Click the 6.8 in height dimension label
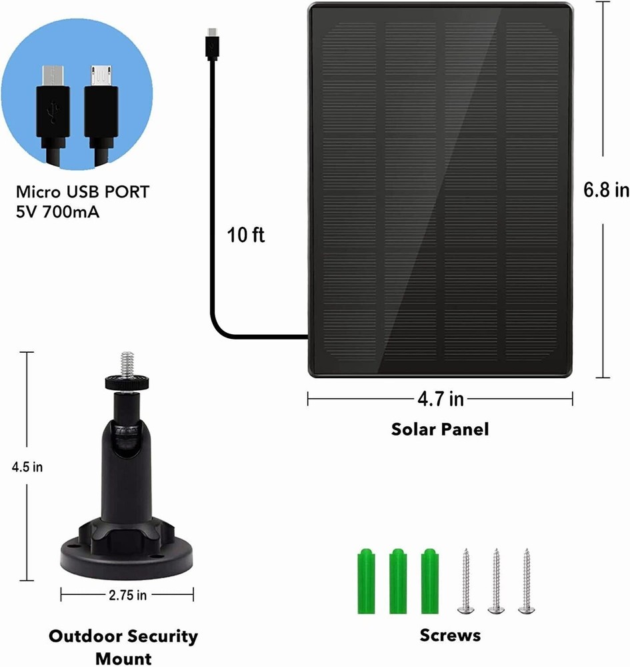pos(606,190)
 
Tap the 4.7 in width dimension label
pos(440,399)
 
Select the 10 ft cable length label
pos(246,235)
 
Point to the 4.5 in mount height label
pos(27,467)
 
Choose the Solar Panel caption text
pos(440,429)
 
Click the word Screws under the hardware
pos(450,635)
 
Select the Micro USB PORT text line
pos(83,193)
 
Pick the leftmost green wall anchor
pos(365,580)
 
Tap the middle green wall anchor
pos(397,580)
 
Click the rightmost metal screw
pos(527,580)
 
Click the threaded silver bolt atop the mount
pos(124,364)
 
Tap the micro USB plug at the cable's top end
pos(212,41)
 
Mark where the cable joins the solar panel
pos(307,337)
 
